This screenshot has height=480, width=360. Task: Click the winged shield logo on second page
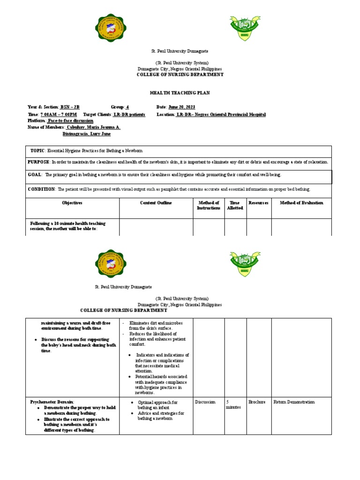click(245, 264)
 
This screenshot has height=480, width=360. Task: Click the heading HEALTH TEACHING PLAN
click(180, 93)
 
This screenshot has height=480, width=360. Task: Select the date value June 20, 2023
click(182, 107)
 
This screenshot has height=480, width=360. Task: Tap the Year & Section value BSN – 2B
click(70, 107)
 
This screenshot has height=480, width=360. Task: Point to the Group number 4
click(127, 107)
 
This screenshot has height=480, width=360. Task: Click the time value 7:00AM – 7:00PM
click(59, 114)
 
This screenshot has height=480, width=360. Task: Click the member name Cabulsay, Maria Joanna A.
click(94, 127)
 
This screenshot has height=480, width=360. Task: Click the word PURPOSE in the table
click(39, 162)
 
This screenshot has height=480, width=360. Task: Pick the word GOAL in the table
click(35, 175)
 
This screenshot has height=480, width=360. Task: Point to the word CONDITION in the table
click(42, 189)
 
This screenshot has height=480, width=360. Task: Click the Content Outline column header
click(156, 203)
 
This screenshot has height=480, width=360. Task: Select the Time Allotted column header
click(235, 205)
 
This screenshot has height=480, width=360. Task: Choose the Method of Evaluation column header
click(301, 203)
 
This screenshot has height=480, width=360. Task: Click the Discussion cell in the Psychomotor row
click(205, 402)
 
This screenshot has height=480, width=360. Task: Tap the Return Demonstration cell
click(294, 402)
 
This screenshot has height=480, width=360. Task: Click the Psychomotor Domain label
click(52, 402)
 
